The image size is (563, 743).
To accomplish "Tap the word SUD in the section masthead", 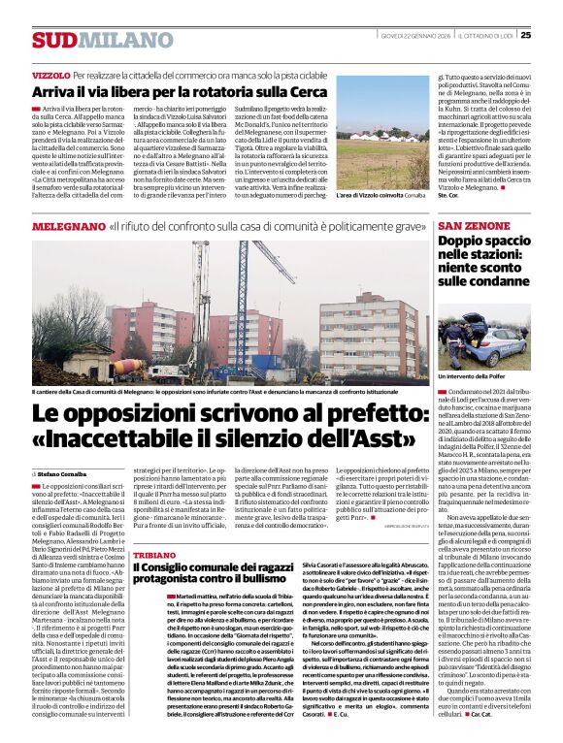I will coord(53,40).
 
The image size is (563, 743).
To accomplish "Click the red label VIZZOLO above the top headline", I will coord(50,75).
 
